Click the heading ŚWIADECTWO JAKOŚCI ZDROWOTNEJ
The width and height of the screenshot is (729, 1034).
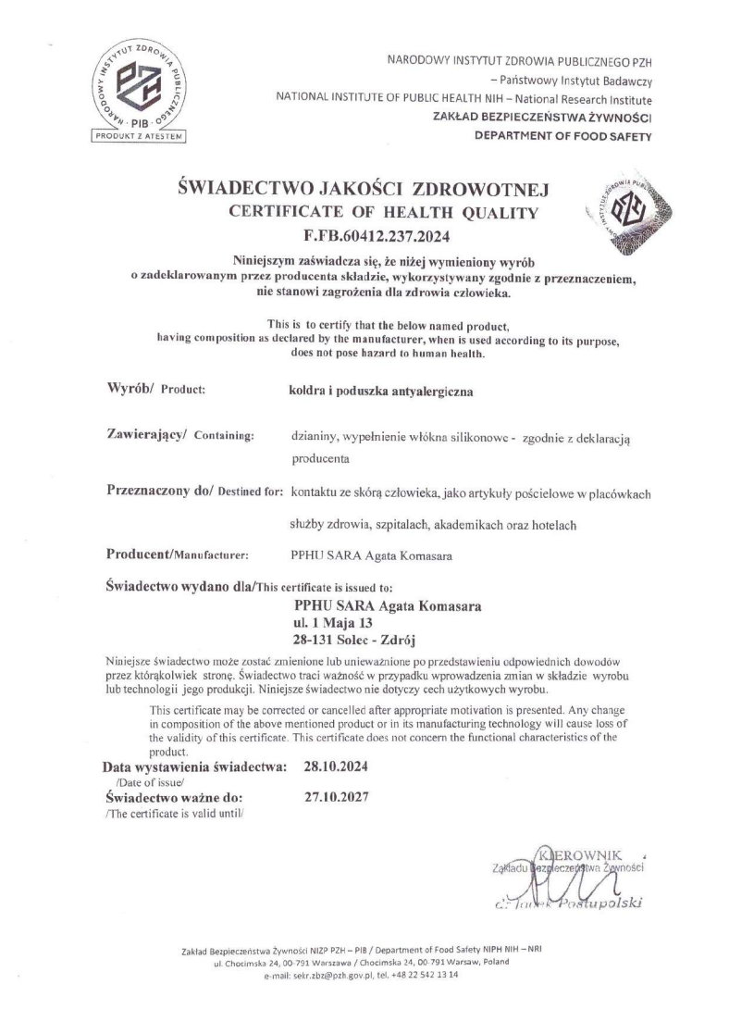364,192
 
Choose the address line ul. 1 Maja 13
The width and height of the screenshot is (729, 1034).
332,622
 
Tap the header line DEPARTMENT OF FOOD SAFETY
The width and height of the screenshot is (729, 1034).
562,136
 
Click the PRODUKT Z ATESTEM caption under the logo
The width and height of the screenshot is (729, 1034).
140,137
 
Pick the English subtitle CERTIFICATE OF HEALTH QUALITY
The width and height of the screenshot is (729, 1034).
382,214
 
